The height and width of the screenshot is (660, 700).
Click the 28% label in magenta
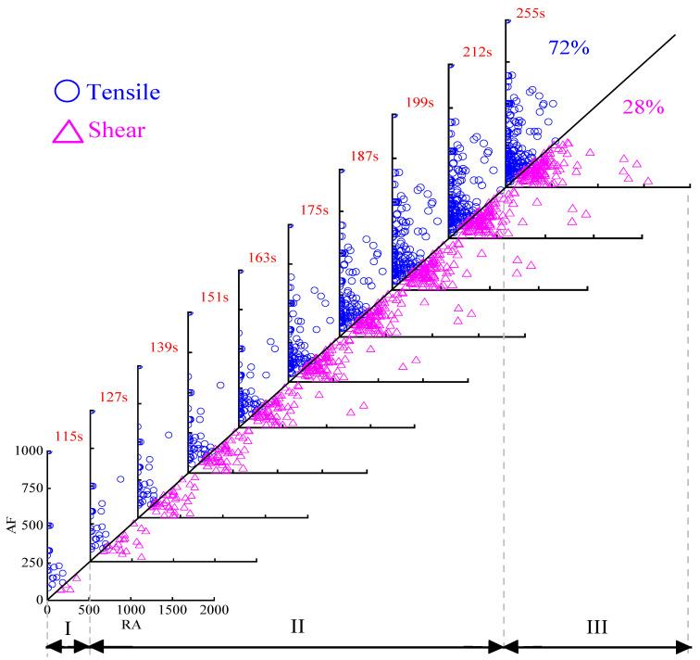coord(643,107)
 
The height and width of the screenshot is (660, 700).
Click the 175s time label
coord(315,210)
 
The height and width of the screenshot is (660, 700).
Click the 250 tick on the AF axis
coord(31,562)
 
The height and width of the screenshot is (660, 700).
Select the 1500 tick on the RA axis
coord(171,611)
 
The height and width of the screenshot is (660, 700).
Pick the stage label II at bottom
coord(296,627)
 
